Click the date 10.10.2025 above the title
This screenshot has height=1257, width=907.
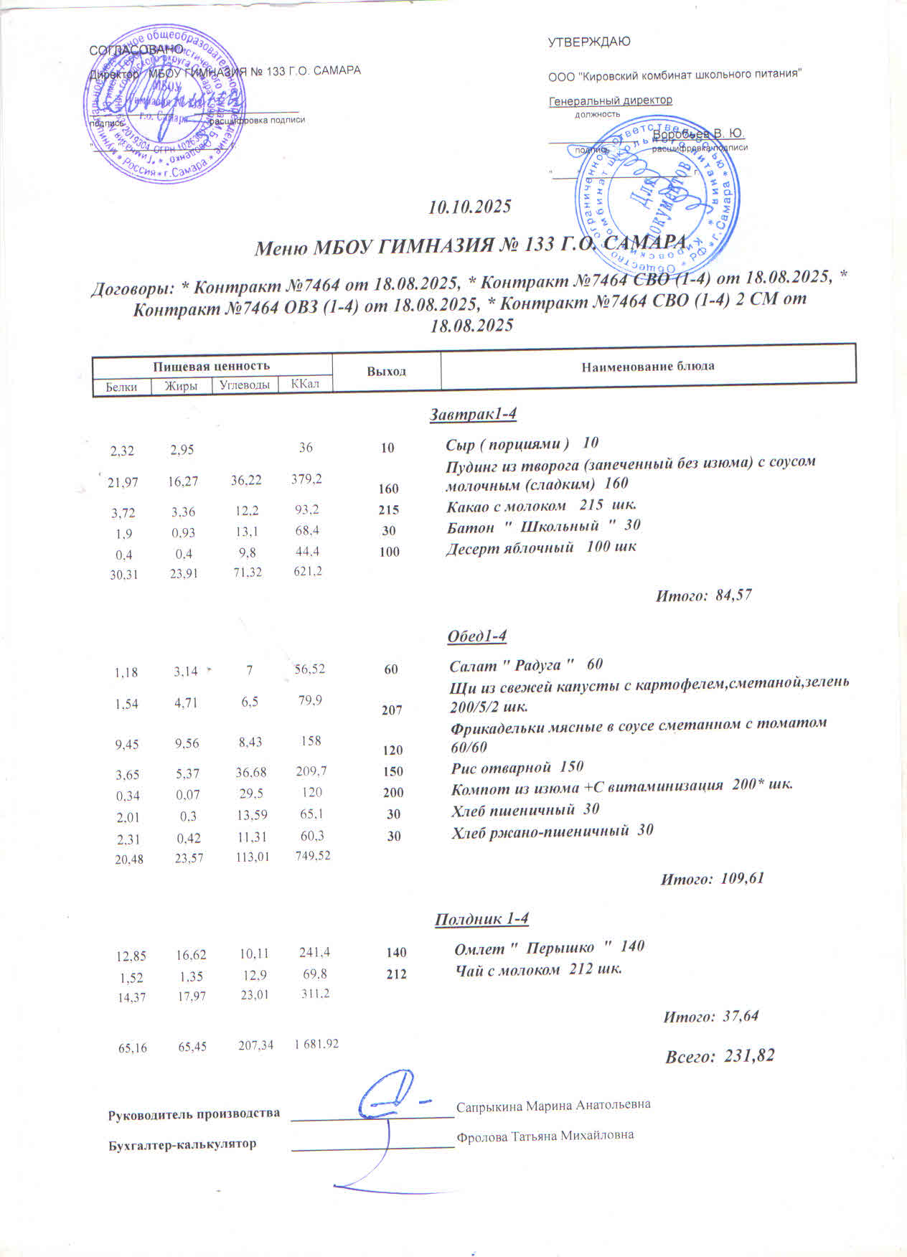coord(469,207)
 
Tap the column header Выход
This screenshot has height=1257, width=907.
coord(387,371)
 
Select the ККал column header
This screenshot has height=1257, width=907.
coord(305,384)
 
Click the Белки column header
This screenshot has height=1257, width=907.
coord(121,387)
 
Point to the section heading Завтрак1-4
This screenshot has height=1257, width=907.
coord(473,415)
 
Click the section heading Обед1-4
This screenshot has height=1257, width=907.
coord(477,636)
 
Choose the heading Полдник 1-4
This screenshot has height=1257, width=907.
coord(481,919)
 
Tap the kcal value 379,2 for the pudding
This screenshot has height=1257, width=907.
coord(306,478)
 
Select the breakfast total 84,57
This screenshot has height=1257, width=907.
coord(734,595)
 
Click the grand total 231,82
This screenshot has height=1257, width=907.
coord(750,1056)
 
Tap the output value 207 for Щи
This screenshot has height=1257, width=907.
coord(392,710)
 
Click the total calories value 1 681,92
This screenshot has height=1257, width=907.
coord(316,1044)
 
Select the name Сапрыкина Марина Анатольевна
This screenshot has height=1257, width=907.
coord(553,1105)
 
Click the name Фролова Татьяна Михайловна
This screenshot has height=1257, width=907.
coord(545,1136)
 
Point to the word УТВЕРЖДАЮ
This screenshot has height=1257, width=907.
coord(589,42)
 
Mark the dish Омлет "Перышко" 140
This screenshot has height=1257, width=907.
coord(549,948)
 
